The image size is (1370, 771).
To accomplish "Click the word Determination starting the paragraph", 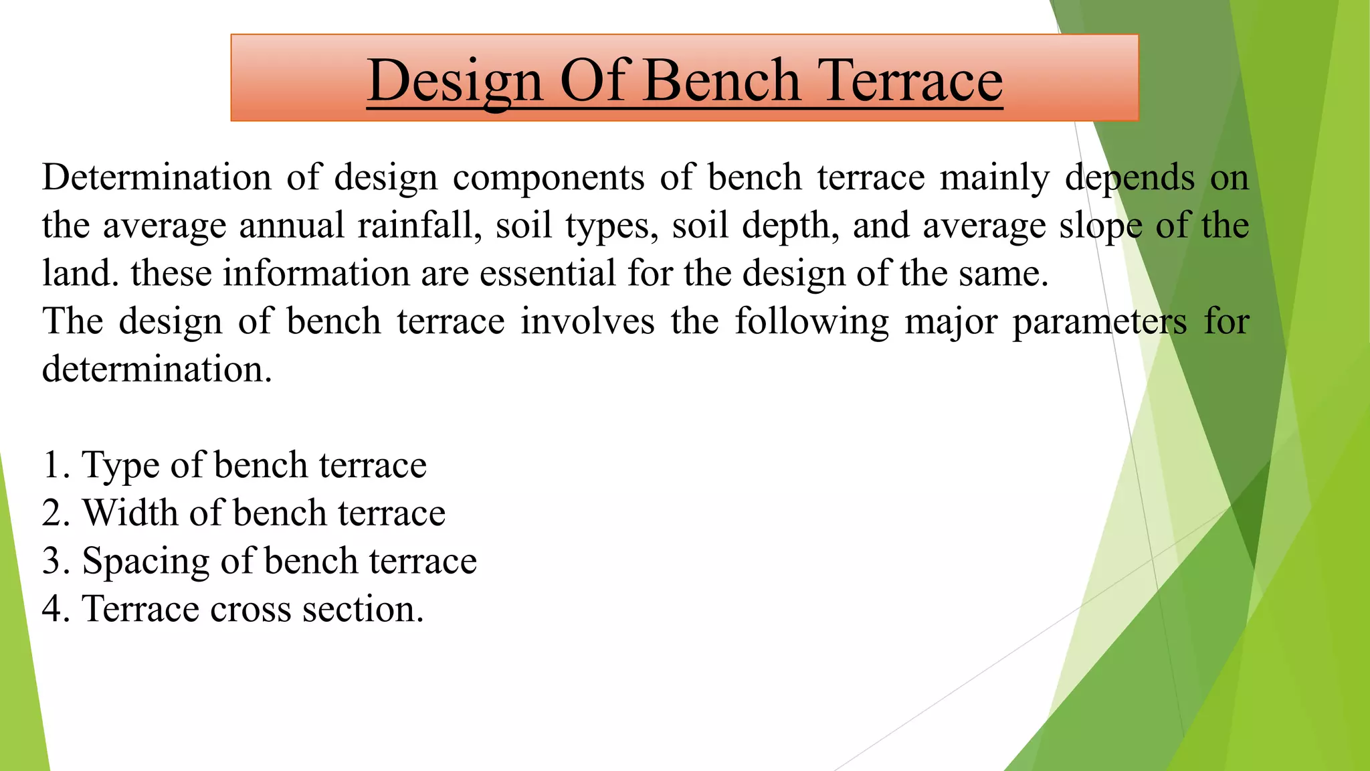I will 157,177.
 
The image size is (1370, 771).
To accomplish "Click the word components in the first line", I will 549,177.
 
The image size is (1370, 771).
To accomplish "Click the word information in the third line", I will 316,273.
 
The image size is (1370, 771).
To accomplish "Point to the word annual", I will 292,226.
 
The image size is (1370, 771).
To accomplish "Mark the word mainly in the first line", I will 994,179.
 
